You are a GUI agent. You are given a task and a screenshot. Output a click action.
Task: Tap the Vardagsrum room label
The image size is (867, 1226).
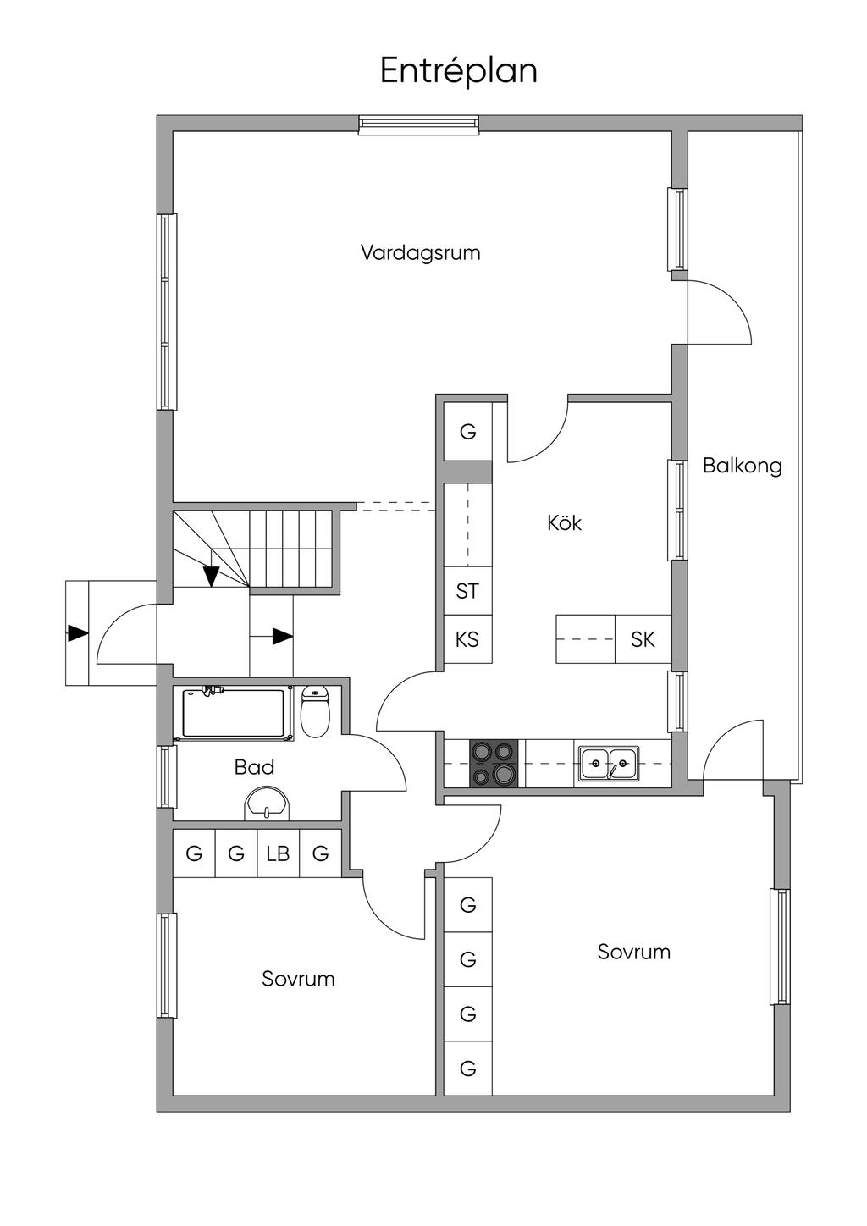[x=420, y=253]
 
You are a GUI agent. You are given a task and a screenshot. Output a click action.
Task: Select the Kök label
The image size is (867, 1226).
[x=564, y=522]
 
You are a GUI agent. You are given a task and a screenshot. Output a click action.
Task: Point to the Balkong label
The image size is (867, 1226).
[x=743, y=466]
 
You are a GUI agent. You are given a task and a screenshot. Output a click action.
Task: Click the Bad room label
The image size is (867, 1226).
[x=254, y=767]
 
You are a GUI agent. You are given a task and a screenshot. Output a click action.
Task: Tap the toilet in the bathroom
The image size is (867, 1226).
[x=315, y=711]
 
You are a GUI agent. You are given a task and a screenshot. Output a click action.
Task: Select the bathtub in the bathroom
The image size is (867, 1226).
[x=234, y=713]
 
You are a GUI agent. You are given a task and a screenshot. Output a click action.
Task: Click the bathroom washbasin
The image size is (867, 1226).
[x=267, y=803]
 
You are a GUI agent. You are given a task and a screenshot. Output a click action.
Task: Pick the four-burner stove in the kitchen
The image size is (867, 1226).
[x=494, y=764]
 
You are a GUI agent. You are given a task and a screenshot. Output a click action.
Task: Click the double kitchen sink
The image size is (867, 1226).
[x=609, y=764]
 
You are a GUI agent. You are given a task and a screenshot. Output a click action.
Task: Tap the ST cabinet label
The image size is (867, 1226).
[x=467, y=591]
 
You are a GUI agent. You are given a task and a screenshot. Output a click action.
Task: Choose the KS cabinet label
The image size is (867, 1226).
[x=467, y=639]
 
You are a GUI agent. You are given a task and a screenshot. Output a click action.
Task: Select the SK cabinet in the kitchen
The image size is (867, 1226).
[x=643, y=639]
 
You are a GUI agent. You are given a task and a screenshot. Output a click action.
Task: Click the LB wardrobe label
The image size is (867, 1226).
[x=278, y=853]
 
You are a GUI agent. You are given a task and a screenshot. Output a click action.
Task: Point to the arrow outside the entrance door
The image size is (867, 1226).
[x=78, y=634]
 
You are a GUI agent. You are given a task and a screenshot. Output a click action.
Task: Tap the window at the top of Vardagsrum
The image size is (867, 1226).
[x=419, y=124]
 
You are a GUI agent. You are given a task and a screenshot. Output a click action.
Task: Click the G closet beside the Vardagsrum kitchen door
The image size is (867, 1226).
[x=467, y=432]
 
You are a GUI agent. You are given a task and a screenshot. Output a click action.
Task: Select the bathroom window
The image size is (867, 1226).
[x=167, y=776]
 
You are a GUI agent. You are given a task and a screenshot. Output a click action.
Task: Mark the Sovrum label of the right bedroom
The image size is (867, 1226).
[x=634, y=952]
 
